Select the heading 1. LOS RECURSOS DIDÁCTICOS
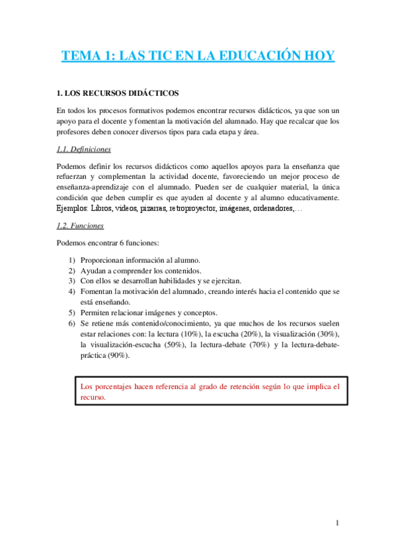118,93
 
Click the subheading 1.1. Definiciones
84,149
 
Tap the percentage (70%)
257,345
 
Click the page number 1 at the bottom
337,524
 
